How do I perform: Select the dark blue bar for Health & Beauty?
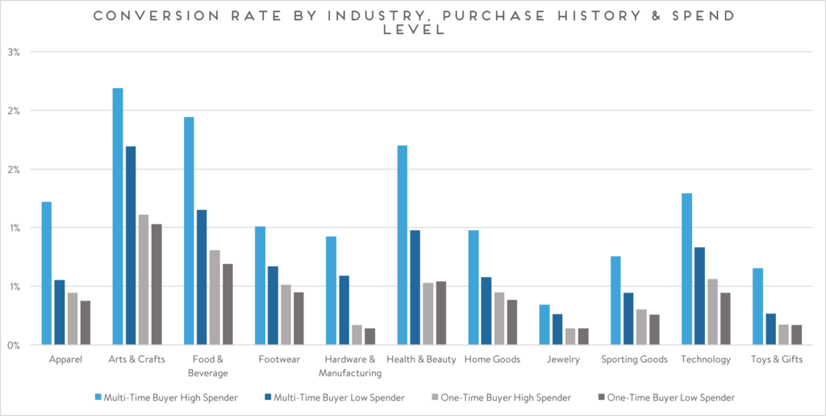415,288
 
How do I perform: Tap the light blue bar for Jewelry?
544,325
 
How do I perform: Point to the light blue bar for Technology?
686,269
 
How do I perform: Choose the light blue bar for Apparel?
47,273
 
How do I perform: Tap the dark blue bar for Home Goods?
486,311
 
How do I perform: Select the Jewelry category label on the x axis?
563,359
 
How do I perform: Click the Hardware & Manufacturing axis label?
350,366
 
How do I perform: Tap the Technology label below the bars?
705,359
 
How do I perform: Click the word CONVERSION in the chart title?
142,16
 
